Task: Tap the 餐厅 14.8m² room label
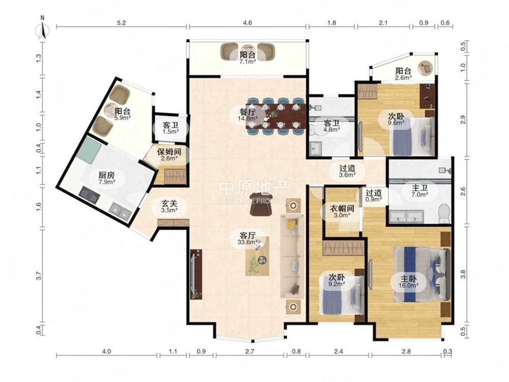click(x=248, y=115)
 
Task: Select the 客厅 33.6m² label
click(x=248, y=239)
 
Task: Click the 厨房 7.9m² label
click(x=107, y=178)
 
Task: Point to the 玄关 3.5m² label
click(x=169, y=206)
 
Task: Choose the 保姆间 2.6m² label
click(x=169, y=155)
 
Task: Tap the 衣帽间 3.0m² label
click(x=342, y=211)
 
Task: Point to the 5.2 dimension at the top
click(x=121, y=23)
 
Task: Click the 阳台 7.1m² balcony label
click(x=248, y=58)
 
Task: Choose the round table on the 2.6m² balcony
click(x=425, y=68)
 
